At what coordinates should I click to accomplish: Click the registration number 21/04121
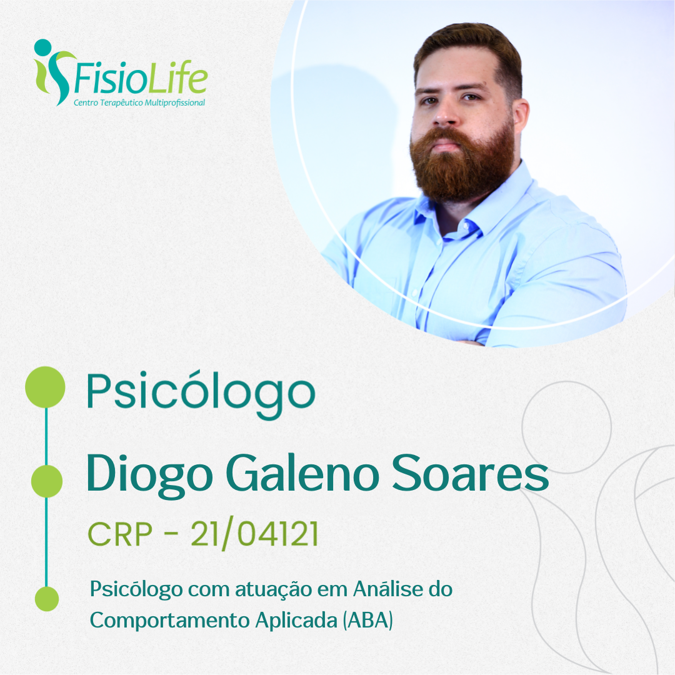click(254, 534)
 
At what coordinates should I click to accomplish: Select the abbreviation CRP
click(120, 534)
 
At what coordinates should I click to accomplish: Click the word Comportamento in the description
click(169, 621)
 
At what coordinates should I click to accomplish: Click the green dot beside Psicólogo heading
click(45, 387)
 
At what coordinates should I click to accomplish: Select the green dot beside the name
click(47, 481)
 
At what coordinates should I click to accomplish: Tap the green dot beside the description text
click(46, 599)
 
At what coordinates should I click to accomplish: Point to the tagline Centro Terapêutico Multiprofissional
click(139, 103)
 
